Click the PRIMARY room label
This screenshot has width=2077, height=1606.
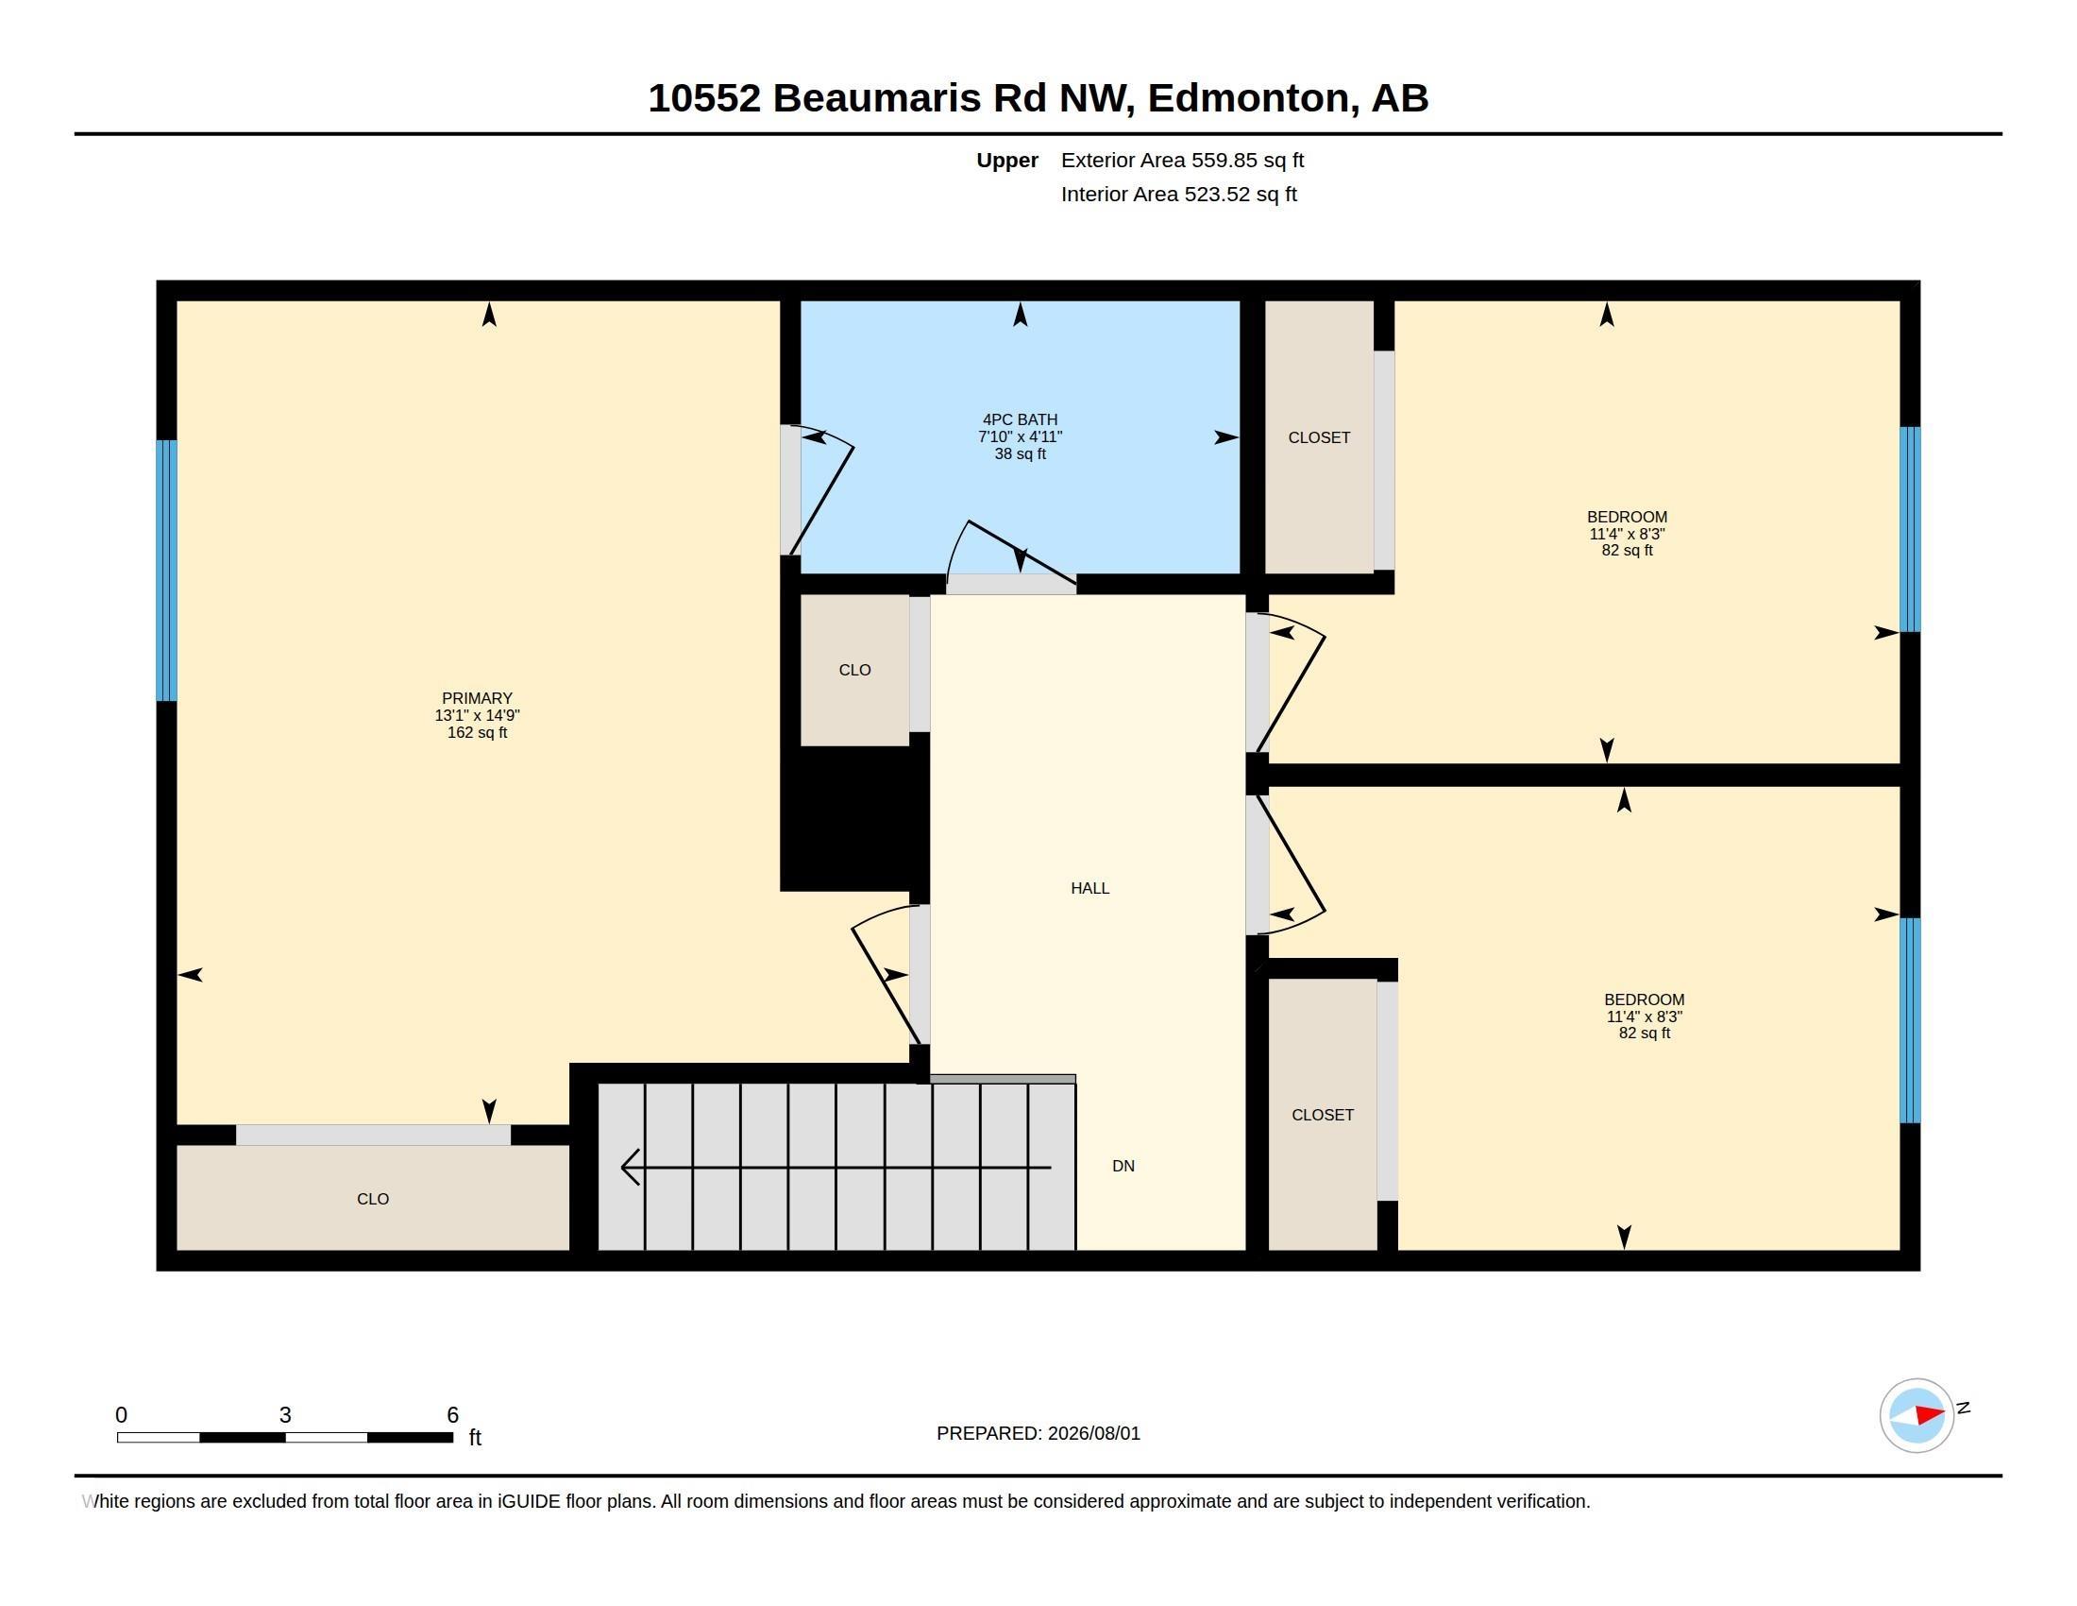477,698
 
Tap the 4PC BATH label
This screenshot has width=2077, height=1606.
1020,419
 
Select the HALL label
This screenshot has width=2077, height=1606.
1089,888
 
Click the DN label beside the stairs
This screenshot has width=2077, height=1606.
1123,1166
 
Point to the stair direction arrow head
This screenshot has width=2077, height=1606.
629,1167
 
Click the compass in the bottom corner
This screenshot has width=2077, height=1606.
1917,1415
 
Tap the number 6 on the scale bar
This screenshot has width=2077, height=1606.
452,1415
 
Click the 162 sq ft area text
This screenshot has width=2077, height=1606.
477,732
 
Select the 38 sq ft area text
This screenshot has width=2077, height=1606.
1020,453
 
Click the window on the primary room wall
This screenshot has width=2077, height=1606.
166,570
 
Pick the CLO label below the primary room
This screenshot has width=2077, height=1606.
373,1199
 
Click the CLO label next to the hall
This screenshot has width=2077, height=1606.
855,670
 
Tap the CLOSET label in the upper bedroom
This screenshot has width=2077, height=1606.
1319,437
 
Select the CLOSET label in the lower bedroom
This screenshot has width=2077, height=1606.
1322,1114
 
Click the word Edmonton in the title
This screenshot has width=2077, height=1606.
1248,98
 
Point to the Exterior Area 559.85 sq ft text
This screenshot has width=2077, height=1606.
1182,160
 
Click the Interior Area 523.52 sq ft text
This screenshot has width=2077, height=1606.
1178,194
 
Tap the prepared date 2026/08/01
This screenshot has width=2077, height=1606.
1093,1433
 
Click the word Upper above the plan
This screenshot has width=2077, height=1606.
1007,160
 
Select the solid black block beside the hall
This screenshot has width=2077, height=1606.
854,818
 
